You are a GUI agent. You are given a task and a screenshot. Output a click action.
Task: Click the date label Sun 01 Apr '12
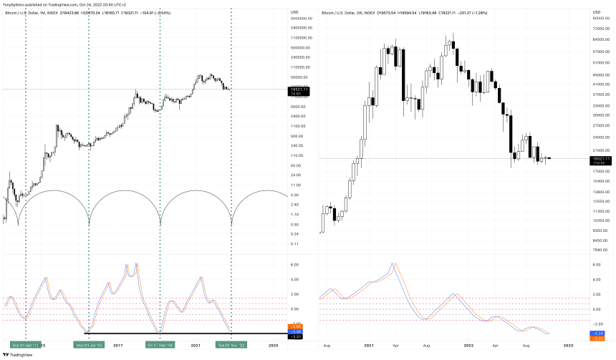pos(25,345)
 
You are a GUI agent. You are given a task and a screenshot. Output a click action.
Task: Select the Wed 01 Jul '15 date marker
pos(88,345)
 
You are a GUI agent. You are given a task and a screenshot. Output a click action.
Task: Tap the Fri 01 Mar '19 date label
pos(160,345)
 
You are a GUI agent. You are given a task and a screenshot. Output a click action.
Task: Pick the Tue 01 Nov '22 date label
pos(231,345)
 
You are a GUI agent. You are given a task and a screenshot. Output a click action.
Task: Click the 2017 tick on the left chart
pos(117,345)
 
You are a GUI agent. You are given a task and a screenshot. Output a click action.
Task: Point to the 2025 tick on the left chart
pos(273,345)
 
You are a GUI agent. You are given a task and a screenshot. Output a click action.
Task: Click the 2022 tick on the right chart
pos(468,345)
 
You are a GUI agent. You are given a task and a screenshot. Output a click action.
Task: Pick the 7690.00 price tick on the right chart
pos(600,250)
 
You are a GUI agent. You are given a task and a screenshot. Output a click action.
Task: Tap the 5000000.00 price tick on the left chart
pos(302,18)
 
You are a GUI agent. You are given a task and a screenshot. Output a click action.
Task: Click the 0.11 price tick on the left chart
pos(294,244)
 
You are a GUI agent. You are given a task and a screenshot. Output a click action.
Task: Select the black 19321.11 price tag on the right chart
pos(601,158)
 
